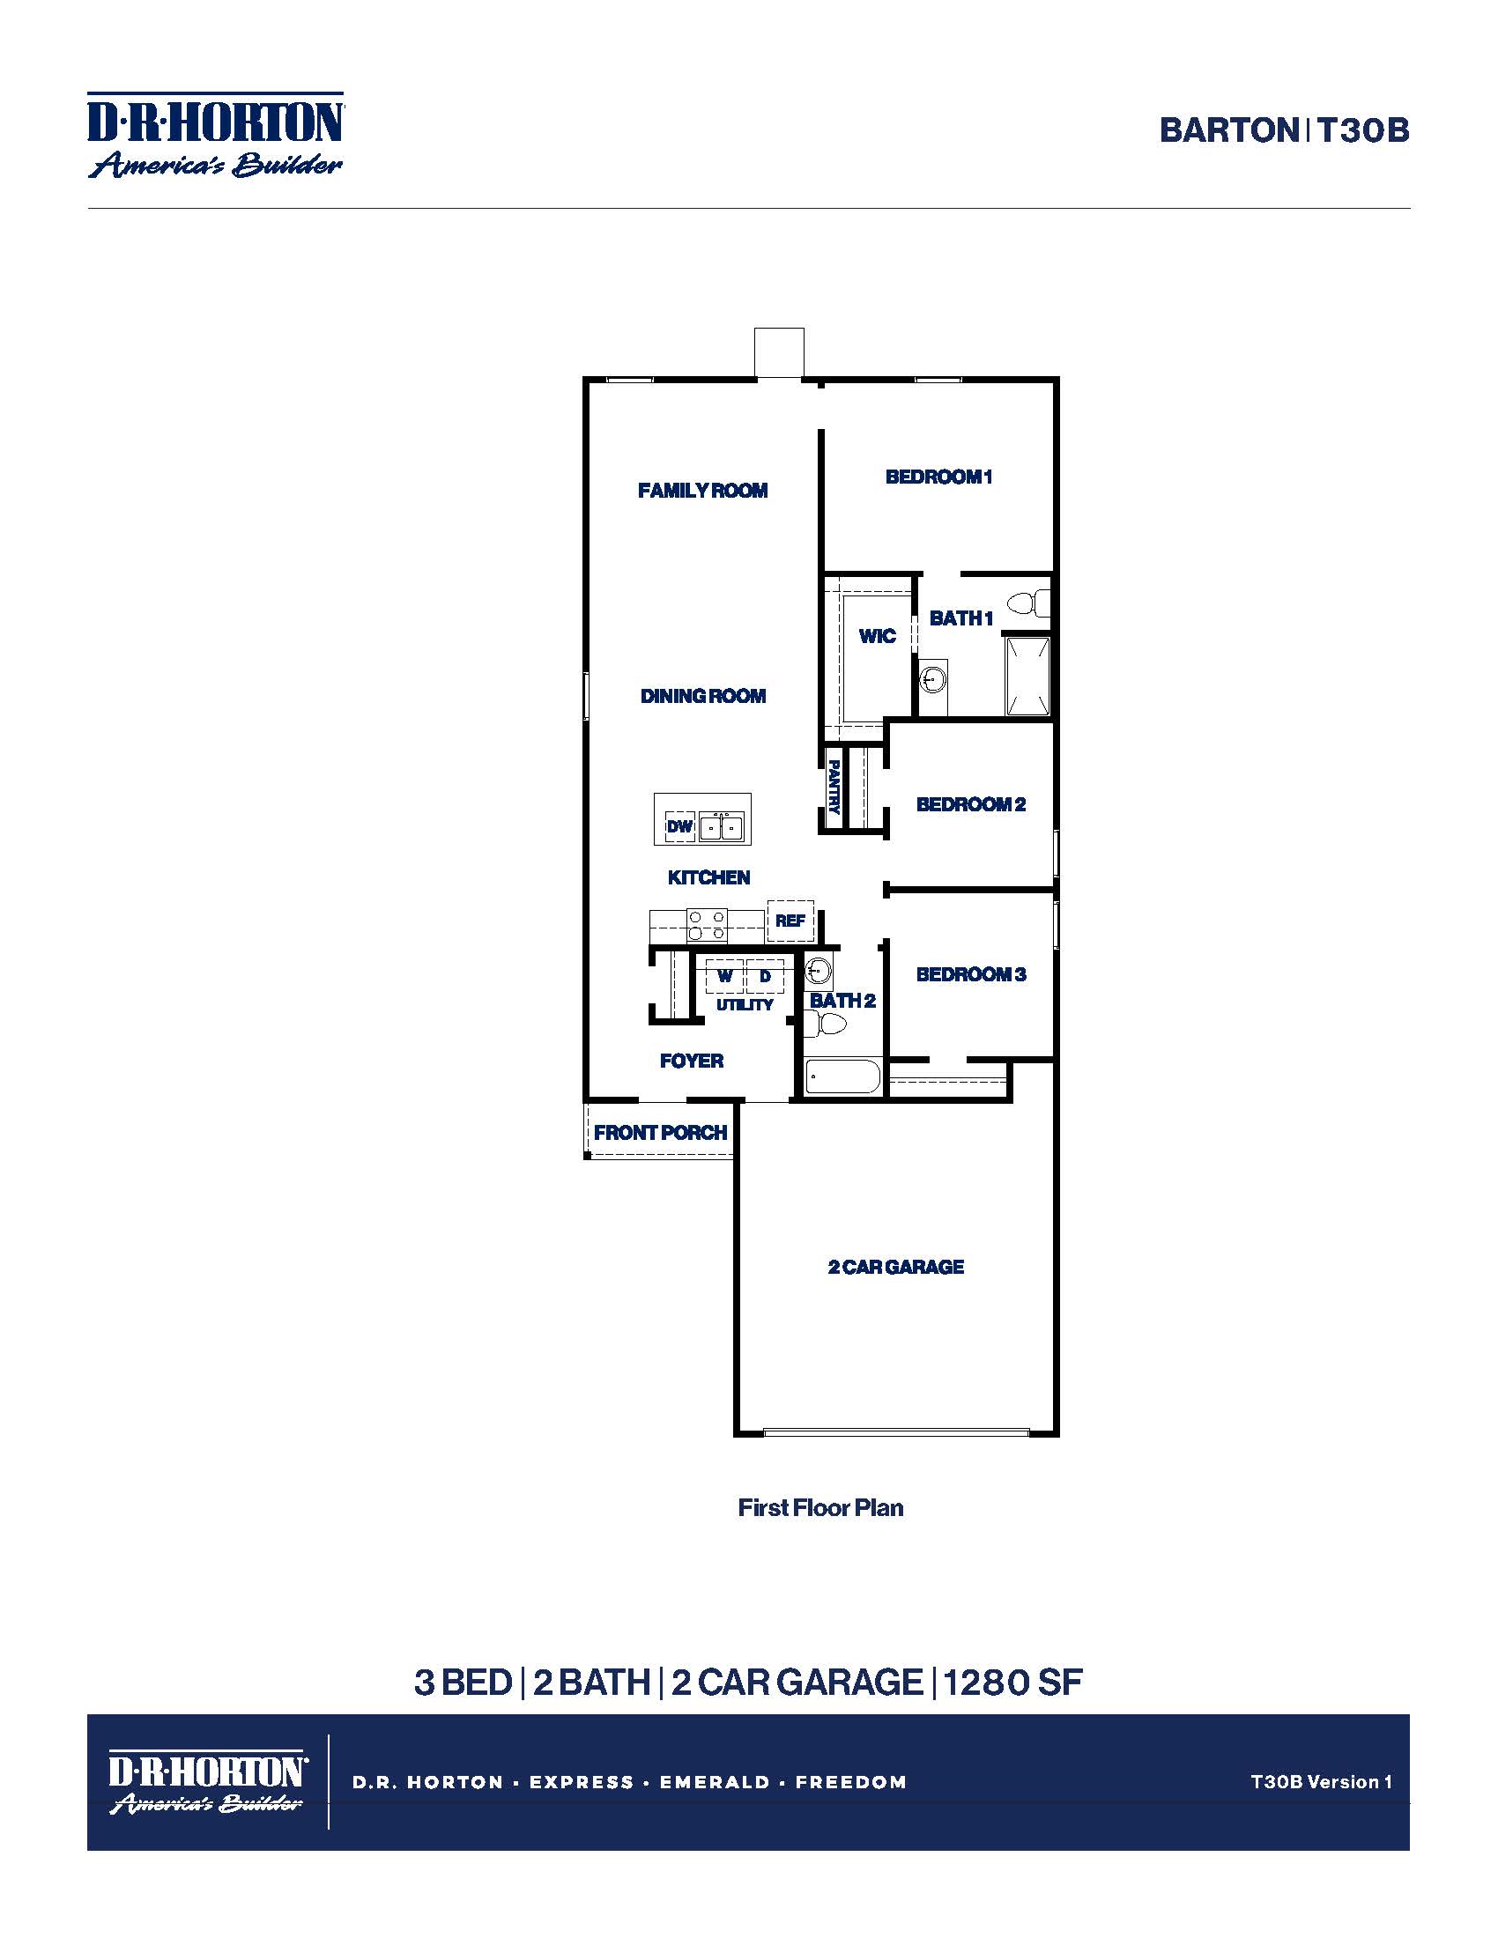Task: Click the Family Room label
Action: click(702, 491)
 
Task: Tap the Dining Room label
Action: click(703, 697)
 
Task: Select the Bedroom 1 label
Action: click(938, 477)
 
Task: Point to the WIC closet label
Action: click(877, 636)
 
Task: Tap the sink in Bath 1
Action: click(931, 682)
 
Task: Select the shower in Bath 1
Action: click(1027, 677)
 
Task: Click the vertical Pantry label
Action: click(834, 786)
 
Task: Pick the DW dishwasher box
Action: click(679, 827)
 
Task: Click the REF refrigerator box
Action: click(790, 921)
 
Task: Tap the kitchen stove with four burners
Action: click(708, 926)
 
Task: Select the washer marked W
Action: click(724, 976)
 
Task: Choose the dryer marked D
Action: click(765, 976)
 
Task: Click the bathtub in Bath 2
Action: click(842, 1079)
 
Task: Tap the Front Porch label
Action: click(660, 1133)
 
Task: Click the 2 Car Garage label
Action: click(895, 1267)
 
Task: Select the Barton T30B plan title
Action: click(1283, 131)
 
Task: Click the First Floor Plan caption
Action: click(820, 1508)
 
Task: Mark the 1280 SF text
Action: click(1012, 1683)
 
